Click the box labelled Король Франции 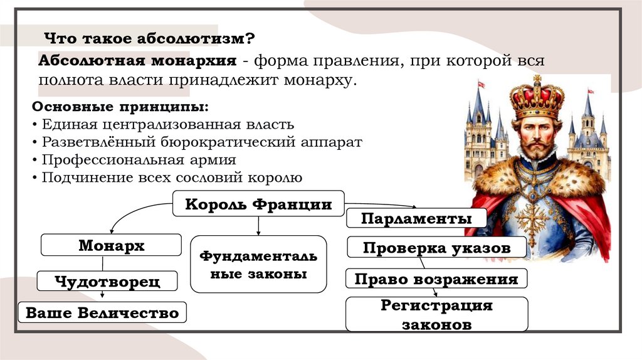pos(258,204)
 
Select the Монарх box pos(111,245)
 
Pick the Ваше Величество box pos(102,312)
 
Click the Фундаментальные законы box pos(258,264)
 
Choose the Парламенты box pos(416,218)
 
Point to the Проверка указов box pos(436,248)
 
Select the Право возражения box pos(436,278)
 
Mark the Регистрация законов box pos(436,315)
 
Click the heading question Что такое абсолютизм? pos(148,38)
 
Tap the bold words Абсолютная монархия pos(137,61)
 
